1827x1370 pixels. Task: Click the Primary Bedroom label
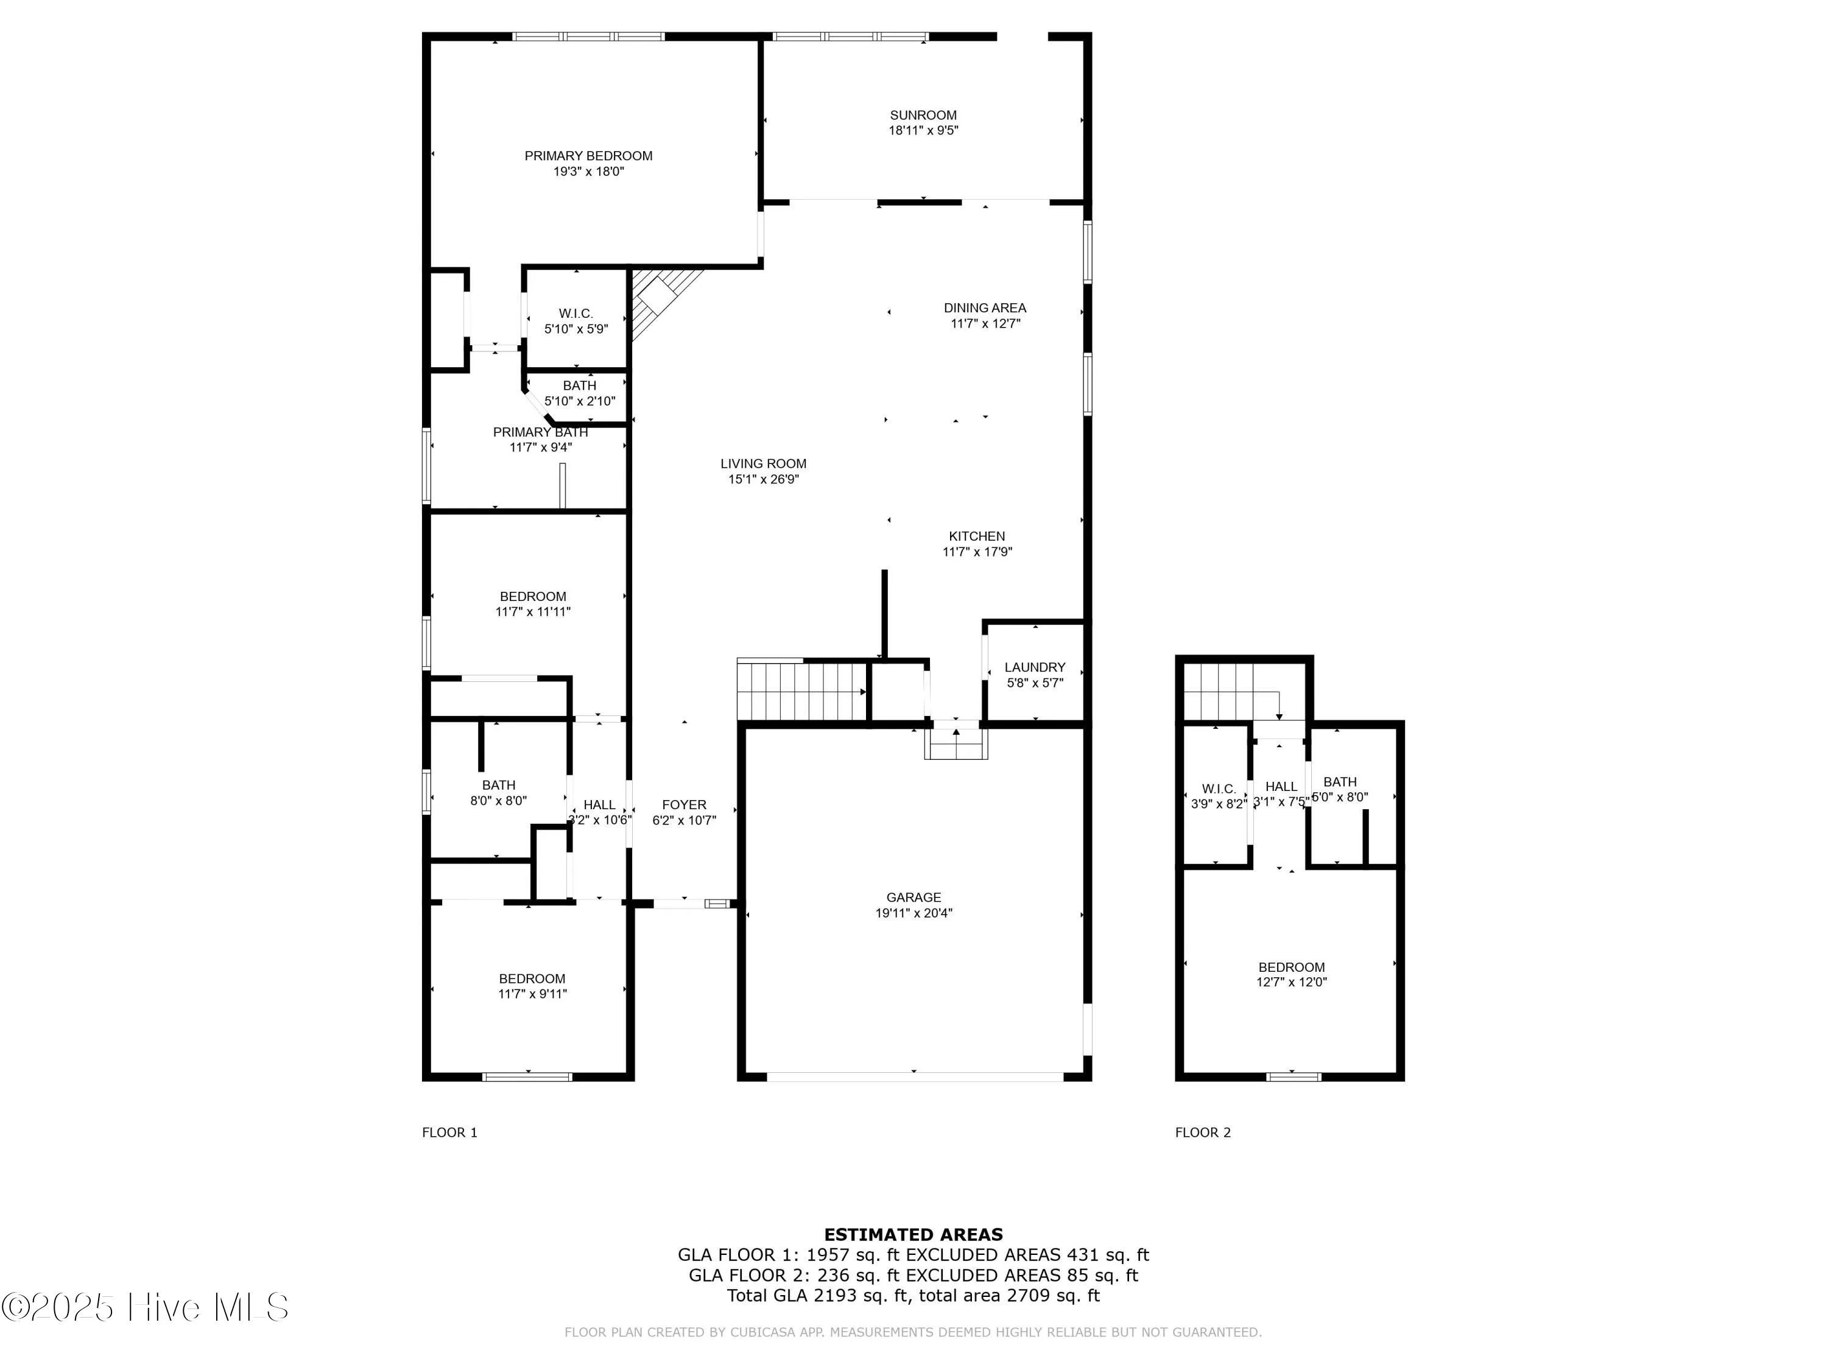point(588,156)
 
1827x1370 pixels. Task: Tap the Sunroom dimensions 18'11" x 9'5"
point(923,130)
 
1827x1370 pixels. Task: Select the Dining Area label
point(985,308)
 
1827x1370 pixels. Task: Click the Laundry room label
point(1034,667)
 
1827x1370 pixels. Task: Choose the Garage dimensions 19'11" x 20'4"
point(913,913)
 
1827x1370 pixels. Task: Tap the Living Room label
point(762,464)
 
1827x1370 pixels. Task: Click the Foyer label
point(684,804)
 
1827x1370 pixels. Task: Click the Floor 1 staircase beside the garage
point(801,691)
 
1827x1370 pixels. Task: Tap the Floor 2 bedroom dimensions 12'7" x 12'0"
point(1291,983)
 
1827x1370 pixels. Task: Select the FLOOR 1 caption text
point(449,1132)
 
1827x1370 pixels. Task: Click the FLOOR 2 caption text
point(1203,1132)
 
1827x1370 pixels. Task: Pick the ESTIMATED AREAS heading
point(913,1235)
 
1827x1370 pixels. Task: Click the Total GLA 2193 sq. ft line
point(913,1295)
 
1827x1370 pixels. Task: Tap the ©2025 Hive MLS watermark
point(146,1307)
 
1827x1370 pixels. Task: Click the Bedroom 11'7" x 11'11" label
point(533,596)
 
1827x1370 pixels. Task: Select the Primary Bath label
point(540,432)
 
